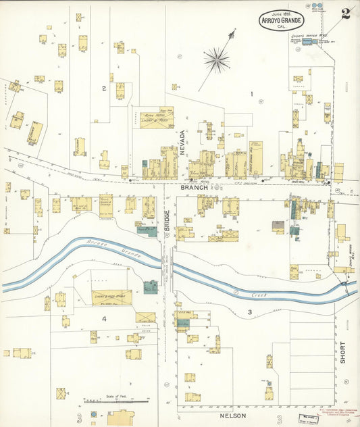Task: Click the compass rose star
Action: (217, 60)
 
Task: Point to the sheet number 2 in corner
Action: (345, 14)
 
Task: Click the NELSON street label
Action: (234, 417)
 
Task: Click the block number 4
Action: (104, 318)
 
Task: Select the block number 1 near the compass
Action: (251, 94)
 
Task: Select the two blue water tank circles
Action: (317, 5)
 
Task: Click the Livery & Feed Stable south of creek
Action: (111, 297)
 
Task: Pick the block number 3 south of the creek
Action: (249, 311)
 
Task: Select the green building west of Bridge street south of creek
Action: (151, 286)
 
